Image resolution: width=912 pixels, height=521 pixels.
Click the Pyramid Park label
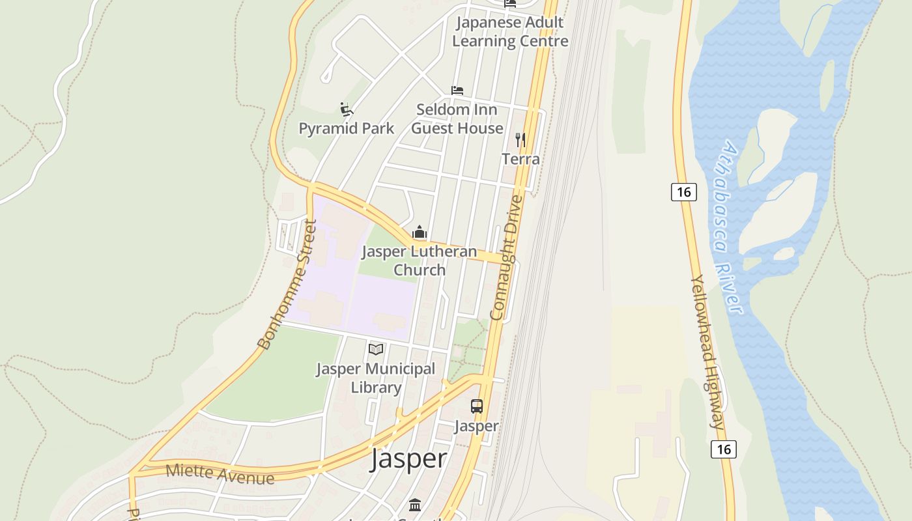coord(346,128)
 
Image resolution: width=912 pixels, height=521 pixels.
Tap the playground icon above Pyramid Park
coord(346,109)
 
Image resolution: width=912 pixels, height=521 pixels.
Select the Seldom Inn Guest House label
coord(457,119)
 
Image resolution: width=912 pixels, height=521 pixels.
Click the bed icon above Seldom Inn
coord(457,91)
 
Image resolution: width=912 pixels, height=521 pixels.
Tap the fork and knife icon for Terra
coord(520,139)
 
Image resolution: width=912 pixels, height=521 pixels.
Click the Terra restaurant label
coord(520,159)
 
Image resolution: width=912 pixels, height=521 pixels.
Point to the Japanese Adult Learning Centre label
coord(510,31)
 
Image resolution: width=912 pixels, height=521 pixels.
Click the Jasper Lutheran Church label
coord(420,260)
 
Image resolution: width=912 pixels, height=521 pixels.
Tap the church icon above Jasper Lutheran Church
coord(420,232)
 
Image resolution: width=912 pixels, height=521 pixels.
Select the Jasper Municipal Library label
coord(376,378)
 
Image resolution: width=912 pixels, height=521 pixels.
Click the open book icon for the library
coord(376,349)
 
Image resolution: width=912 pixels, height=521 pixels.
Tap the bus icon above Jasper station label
coord(477,406)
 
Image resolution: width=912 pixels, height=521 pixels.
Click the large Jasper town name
coord(408,458)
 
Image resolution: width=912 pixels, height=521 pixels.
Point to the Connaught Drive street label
coord(506,258)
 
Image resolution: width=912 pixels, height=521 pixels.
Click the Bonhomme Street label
coord(287,284)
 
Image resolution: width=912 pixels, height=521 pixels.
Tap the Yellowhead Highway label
coord(707,352)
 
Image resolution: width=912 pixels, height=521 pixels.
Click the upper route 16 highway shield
coord(683,192)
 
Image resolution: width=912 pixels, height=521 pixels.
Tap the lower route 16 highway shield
coord(723,449)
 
